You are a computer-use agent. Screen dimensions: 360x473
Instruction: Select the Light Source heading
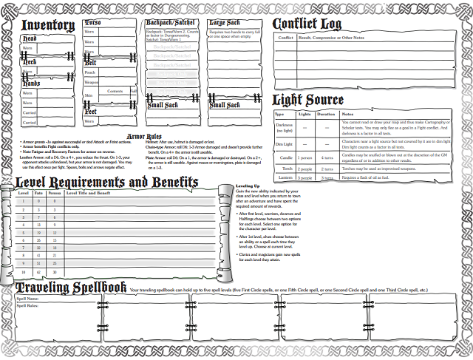(x=308, y=100)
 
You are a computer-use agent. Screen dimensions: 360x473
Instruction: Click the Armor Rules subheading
(x=145, y=137)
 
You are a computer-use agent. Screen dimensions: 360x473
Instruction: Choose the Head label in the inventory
(x=30, y=38)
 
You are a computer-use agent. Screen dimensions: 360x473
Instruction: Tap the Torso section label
(x=93, y=24)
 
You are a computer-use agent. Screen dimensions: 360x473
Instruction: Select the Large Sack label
(x=225, y=24)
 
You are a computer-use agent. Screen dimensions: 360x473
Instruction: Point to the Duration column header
(x=327, y=115)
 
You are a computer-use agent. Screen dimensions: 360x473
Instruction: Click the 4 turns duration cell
(x=327, y=157)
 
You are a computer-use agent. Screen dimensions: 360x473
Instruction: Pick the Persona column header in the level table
(x=52, y=193)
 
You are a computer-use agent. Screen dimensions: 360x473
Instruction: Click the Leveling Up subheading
(x=247, y=186)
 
